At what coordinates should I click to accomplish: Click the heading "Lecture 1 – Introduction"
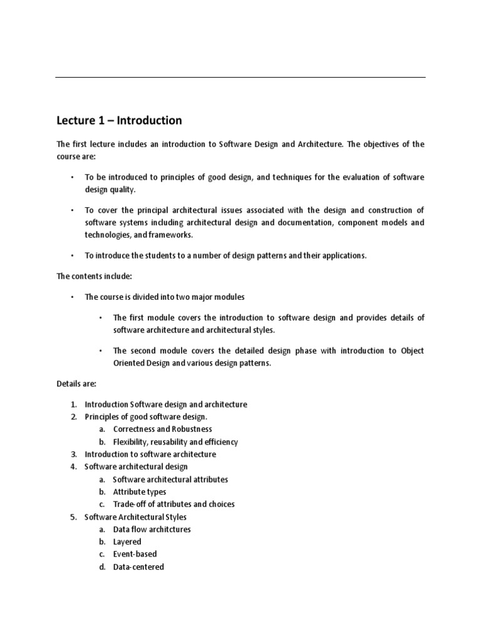[119, 120]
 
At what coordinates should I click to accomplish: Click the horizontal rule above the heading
[240, 78]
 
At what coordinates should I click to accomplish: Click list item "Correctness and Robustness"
[162, 429]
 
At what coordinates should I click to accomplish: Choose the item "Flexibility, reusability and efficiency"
[175, 442]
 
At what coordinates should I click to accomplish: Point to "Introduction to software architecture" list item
[150, 454]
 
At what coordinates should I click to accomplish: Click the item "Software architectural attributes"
[170, 479]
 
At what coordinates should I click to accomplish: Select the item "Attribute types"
[140, 492]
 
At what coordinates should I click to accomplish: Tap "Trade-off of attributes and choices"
[173, 505]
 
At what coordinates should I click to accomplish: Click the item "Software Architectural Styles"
[135, 517]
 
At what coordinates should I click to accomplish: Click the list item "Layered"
[127, 542]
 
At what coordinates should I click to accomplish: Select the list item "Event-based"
[135, 555]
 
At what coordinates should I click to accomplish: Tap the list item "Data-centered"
[138, 567]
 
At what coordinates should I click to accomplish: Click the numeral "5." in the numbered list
[73, 517]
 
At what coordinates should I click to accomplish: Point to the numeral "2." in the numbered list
[73, 417]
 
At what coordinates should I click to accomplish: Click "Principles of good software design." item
[145, 417]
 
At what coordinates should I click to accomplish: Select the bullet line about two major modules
[165, 297]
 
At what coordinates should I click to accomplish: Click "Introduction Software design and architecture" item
[166, 404]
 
